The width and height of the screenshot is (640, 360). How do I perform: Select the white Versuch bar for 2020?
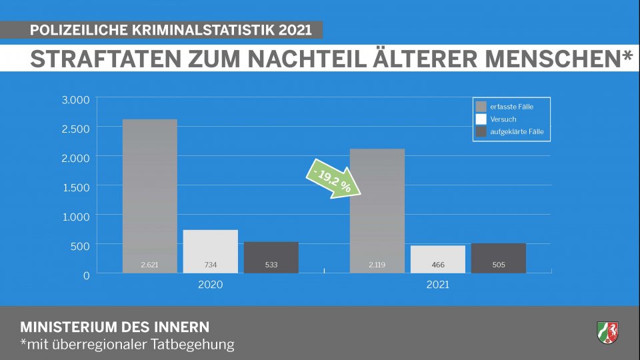(x=211, y=247)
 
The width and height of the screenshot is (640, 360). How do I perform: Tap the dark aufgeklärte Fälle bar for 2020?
(x=271, y=253)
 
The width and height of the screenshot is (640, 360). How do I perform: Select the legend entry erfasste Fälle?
(x=510, y=106)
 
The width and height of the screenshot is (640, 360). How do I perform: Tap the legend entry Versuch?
(x=503, y=119)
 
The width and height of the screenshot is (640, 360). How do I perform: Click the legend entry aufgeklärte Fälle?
(x=515, y=131)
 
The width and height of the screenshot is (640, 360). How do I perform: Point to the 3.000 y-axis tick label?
(x=75, y=100)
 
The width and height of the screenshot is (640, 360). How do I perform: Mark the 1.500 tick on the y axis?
(x=75, y=187)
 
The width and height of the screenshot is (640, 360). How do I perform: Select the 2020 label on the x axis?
(x=211, y=285)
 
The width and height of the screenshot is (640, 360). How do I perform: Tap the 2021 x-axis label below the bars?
(x=437, y=285)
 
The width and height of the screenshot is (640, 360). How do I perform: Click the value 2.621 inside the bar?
(x=150, y=265)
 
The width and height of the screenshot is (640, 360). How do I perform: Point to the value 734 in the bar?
(x=211, y=265)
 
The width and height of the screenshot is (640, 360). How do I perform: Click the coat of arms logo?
(x=607, y=331)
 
